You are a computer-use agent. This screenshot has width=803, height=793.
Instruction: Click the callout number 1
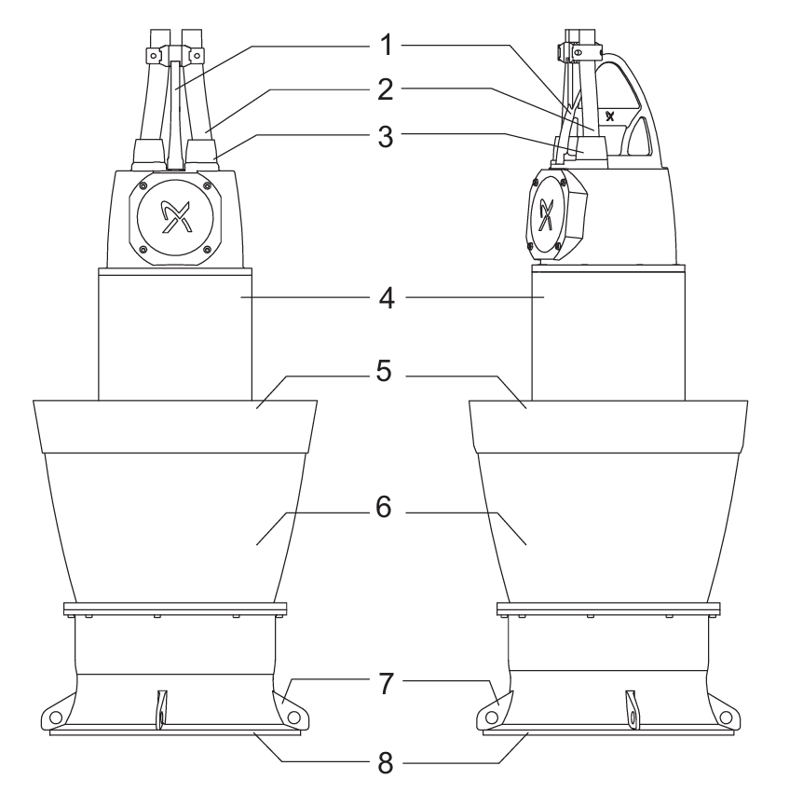point(387,45)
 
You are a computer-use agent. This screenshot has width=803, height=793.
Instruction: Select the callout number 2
point(385,89)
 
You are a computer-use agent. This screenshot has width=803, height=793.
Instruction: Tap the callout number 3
point(385,137)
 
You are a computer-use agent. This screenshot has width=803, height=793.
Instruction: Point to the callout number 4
point(387,298)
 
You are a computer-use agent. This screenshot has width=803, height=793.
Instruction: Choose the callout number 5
point(384,372)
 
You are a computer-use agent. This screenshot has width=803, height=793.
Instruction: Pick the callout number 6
point(384,507)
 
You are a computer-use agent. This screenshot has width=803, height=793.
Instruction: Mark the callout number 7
point(387,683)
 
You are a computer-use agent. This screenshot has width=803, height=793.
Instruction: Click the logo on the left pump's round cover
point(174,217)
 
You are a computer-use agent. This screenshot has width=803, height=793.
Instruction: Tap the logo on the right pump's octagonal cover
point(547,214)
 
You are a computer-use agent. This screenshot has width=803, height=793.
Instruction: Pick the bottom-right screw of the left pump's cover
point(207,250)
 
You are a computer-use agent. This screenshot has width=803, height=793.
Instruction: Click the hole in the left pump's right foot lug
point(293,718)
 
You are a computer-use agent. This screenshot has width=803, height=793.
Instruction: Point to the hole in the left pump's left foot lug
point(55,716)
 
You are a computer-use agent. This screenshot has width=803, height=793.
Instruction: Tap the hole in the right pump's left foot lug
point(492,718)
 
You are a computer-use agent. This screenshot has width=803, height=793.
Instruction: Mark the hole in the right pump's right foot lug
point(727,718)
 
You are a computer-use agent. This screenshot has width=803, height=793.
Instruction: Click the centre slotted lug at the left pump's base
point(162,708)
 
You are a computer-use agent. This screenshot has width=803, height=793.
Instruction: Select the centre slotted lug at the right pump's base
point(633,708)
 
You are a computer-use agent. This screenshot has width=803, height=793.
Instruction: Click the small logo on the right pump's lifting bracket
point(609,116)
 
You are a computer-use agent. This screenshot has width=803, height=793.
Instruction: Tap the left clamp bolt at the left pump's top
point(153,55)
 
